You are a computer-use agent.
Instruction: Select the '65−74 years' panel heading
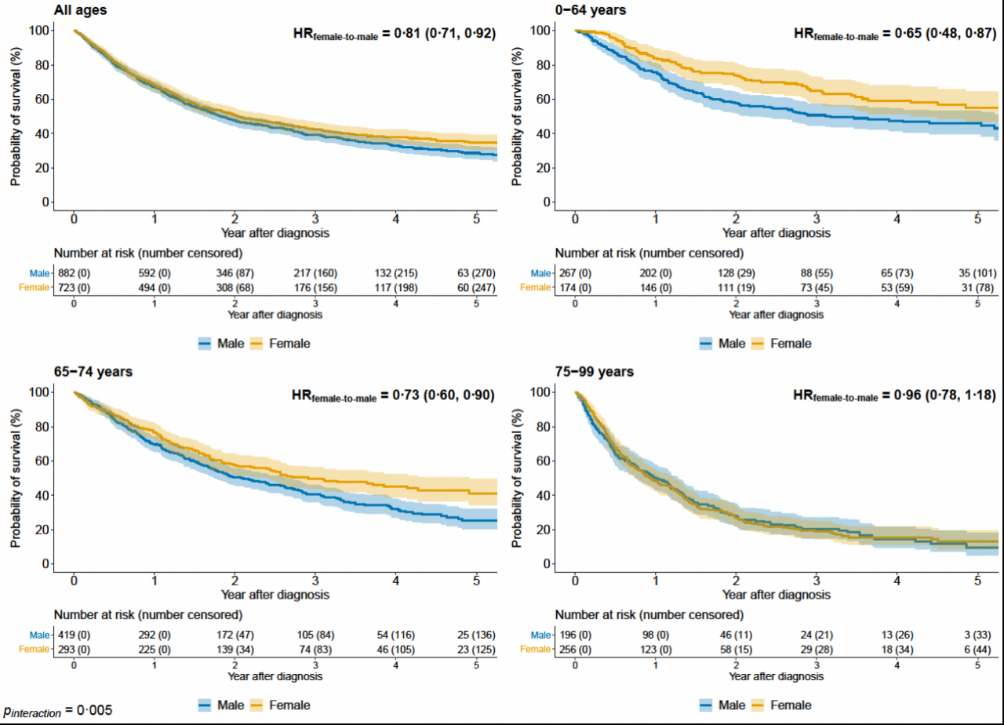(x=93, y=371)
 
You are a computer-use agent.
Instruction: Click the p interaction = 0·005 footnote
(x=58, y=710)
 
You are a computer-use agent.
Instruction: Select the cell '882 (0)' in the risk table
(x=73, y=273)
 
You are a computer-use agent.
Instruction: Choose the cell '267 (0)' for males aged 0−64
(x=575, y=273)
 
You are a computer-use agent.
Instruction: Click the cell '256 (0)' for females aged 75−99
(x=575, y=649)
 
